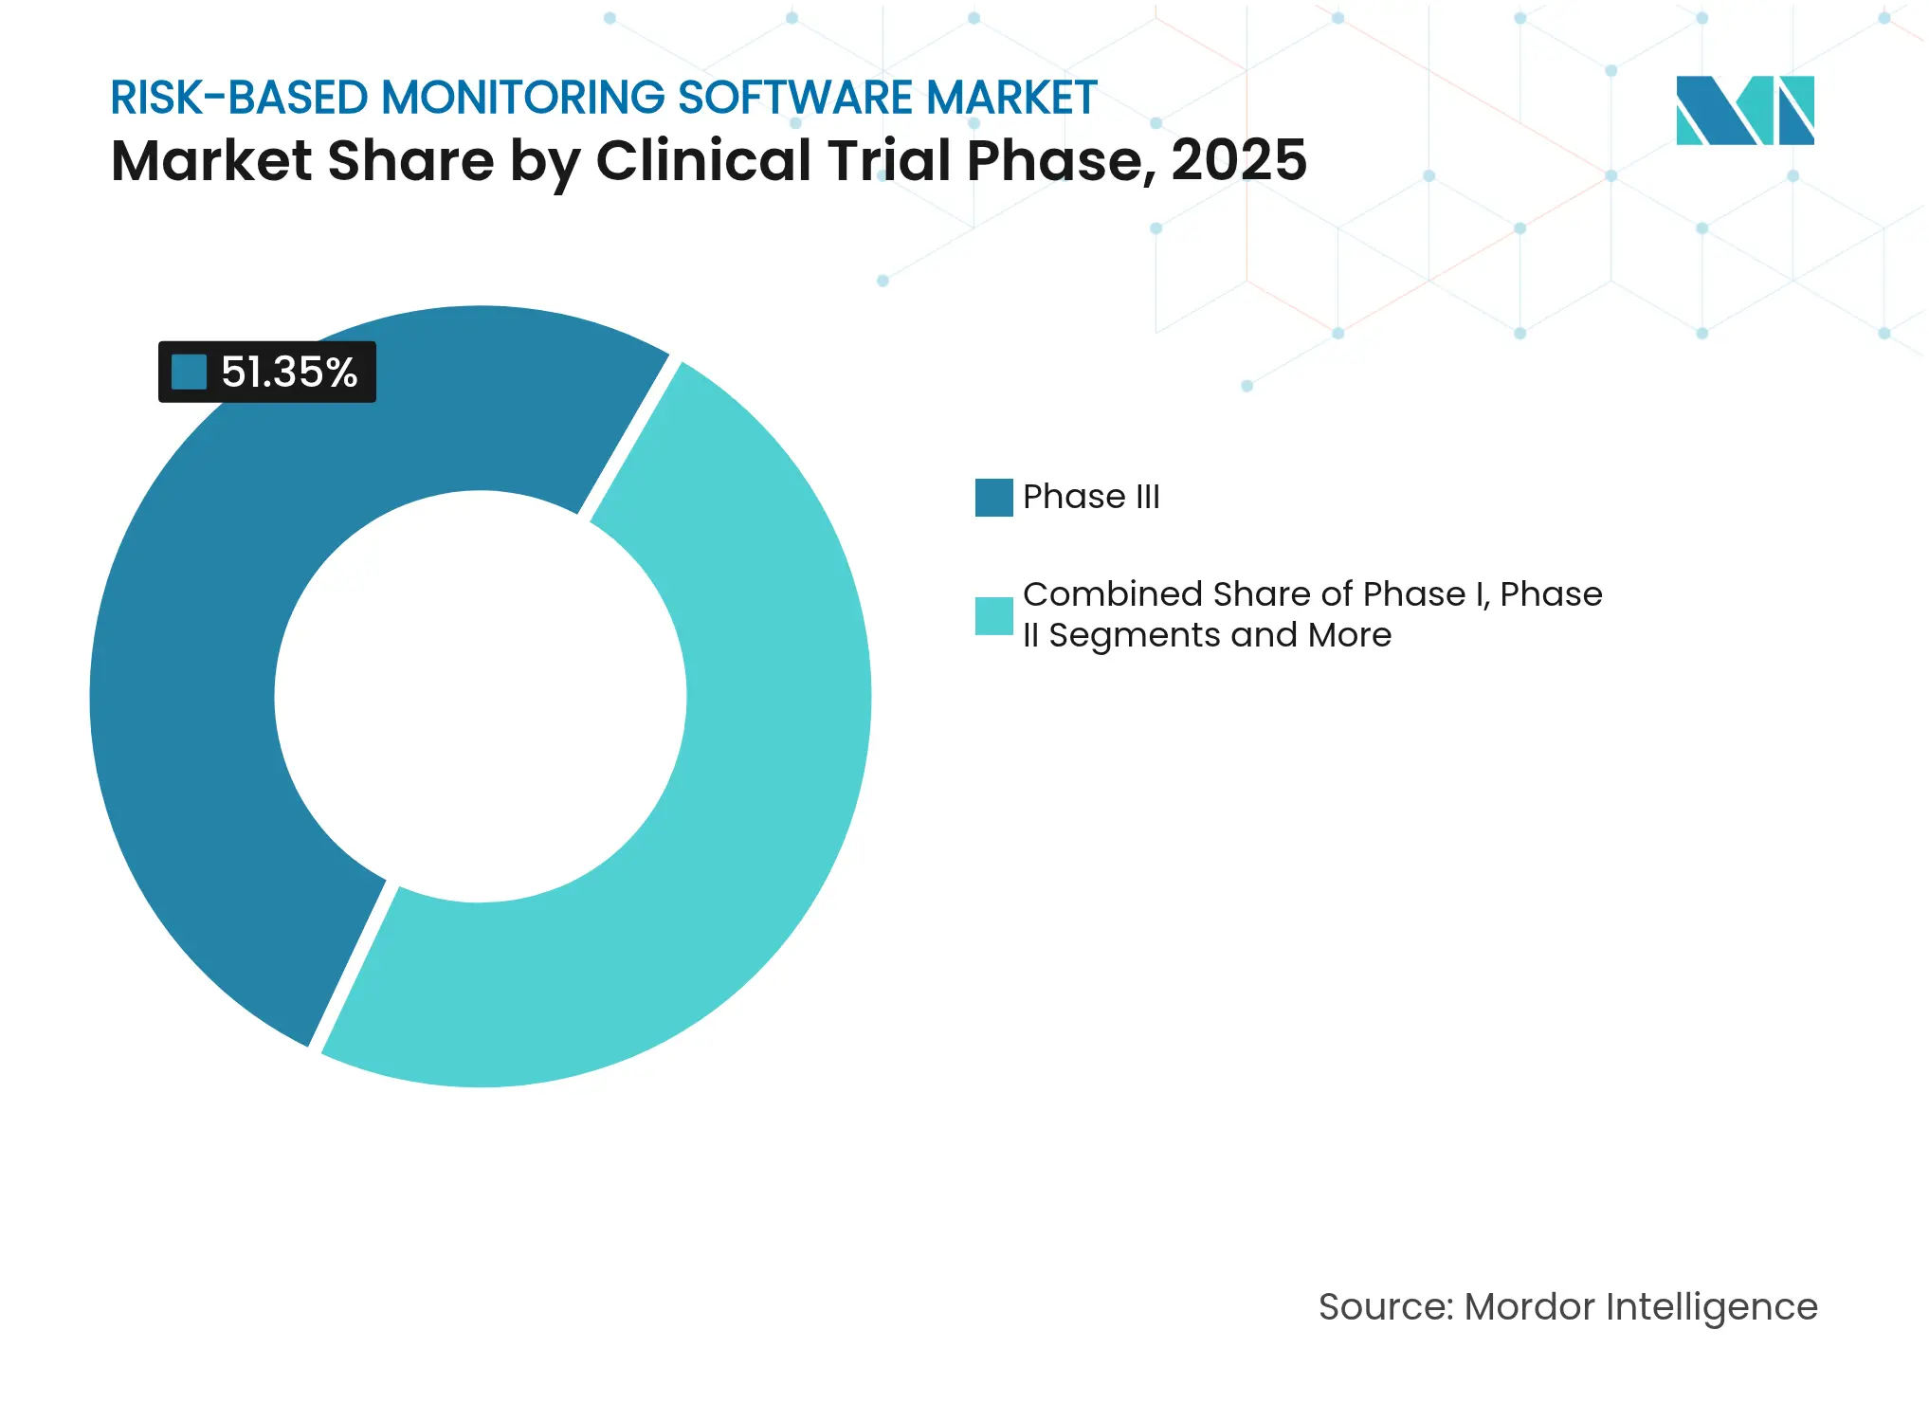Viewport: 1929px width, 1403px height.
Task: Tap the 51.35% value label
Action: (288, 372)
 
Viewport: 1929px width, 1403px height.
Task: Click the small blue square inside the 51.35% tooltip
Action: (189, 372)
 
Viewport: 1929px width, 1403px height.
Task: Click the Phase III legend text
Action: (1090, 497)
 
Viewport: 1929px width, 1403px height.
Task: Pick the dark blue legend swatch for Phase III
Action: (993, 497)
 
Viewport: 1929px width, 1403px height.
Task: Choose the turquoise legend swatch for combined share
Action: (993, 615)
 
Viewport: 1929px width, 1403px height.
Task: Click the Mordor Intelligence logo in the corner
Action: (1744, 110)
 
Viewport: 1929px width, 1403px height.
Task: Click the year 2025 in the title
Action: (1238, 160)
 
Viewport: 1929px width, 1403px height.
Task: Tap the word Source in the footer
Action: (1384, 1306)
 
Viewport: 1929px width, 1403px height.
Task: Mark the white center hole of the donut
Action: (481, 697)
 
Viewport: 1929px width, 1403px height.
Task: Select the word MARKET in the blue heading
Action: (1011, 98)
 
